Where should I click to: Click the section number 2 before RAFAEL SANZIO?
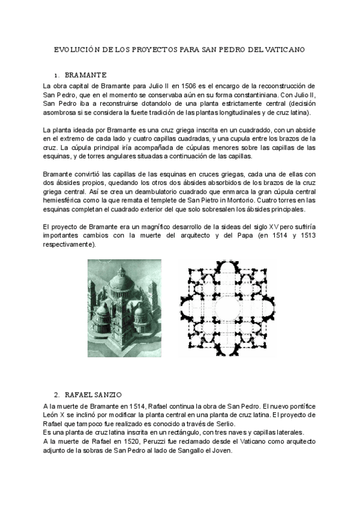(x=56, y=394)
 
